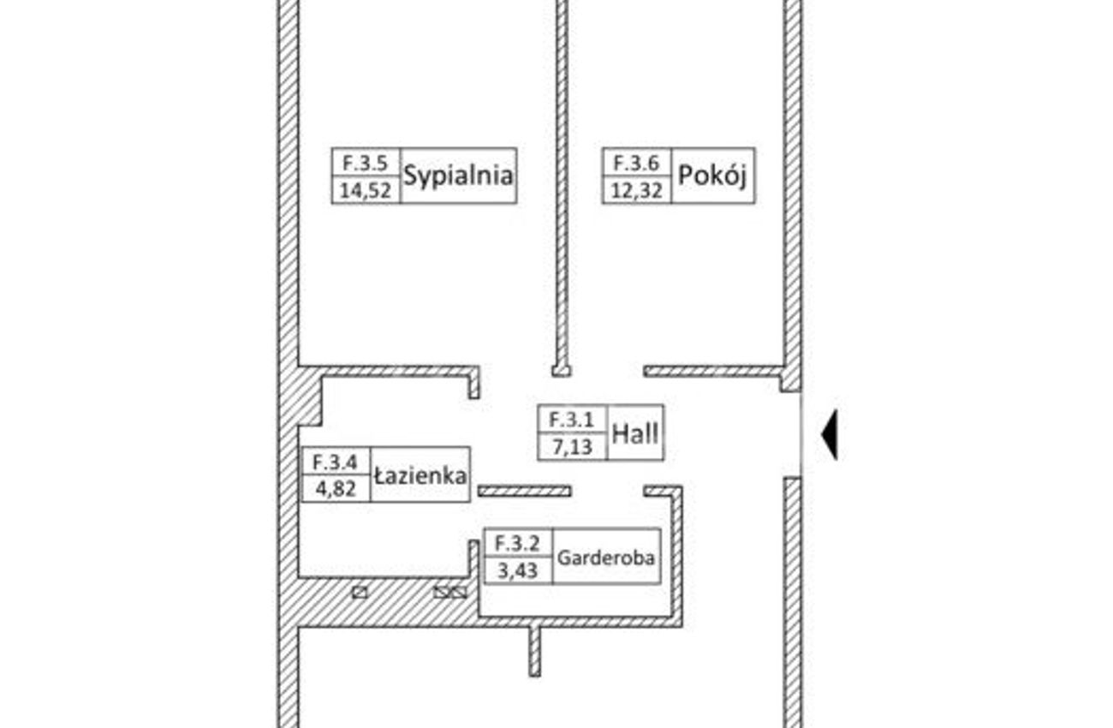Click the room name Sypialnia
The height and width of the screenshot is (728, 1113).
(458, 176)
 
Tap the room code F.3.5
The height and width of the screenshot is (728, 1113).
(366, 163)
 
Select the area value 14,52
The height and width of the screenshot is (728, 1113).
(366, 190)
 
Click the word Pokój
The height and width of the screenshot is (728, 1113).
(712, 176)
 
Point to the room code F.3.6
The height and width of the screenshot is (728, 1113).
(636, 163)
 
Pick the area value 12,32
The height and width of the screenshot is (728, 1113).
(636, 190)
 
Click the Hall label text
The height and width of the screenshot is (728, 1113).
(635, 433)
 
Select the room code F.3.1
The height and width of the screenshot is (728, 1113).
(571, 420)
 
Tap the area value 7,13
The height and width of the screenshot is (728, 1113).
(573, 447)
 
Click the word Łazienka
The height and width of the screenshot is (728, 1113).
(420, 476)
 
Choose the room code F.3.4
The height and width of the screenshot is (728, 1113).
(335, 462)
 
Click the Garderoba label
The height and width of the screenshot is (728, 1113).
(605, 558)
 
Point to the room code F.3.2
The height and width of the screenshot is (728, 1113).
(517, 544)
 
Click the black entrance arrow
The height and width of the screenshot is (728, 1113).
(830, 435)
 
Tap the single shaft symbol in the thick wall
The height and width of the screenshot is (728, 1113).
(360, 593)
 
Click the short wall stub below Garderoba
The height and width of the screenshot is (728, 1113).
(534, 651)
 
